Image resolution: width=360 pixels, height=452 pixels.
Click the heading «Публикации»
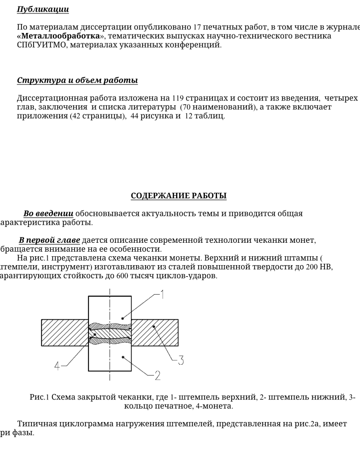point(42,9)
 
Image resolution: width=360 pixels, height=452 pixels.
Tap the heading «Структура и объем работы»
point(77,80)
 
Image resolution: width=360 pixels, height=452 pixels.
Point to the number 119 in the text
point(178,98)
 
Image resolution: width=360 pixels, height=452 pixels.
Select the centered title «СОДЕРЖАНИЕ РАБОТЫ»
point(178,196)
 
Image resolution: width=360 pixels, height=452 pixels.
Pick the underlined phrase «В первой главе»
point(49,240)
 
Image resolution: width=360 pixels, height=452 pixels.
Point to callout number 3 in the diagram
point(180,360)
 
